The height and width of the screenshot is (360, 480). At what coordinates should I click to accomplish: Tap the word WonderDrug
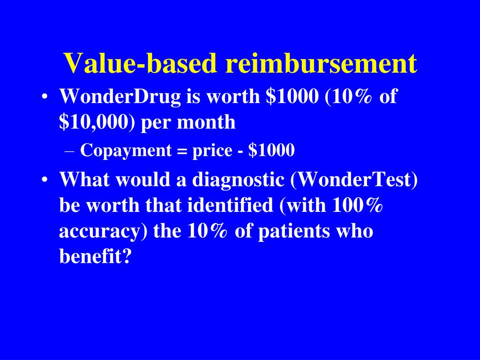pyautogui.click(x=120, y=97)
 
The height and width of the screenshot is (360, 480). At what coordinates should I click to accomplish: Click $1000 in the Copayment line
pyautogui.click(x=271, y=150)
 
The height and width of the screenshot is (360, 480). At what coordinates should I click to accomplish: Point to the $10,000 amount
pyautogui.click(x=97, y=122)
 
